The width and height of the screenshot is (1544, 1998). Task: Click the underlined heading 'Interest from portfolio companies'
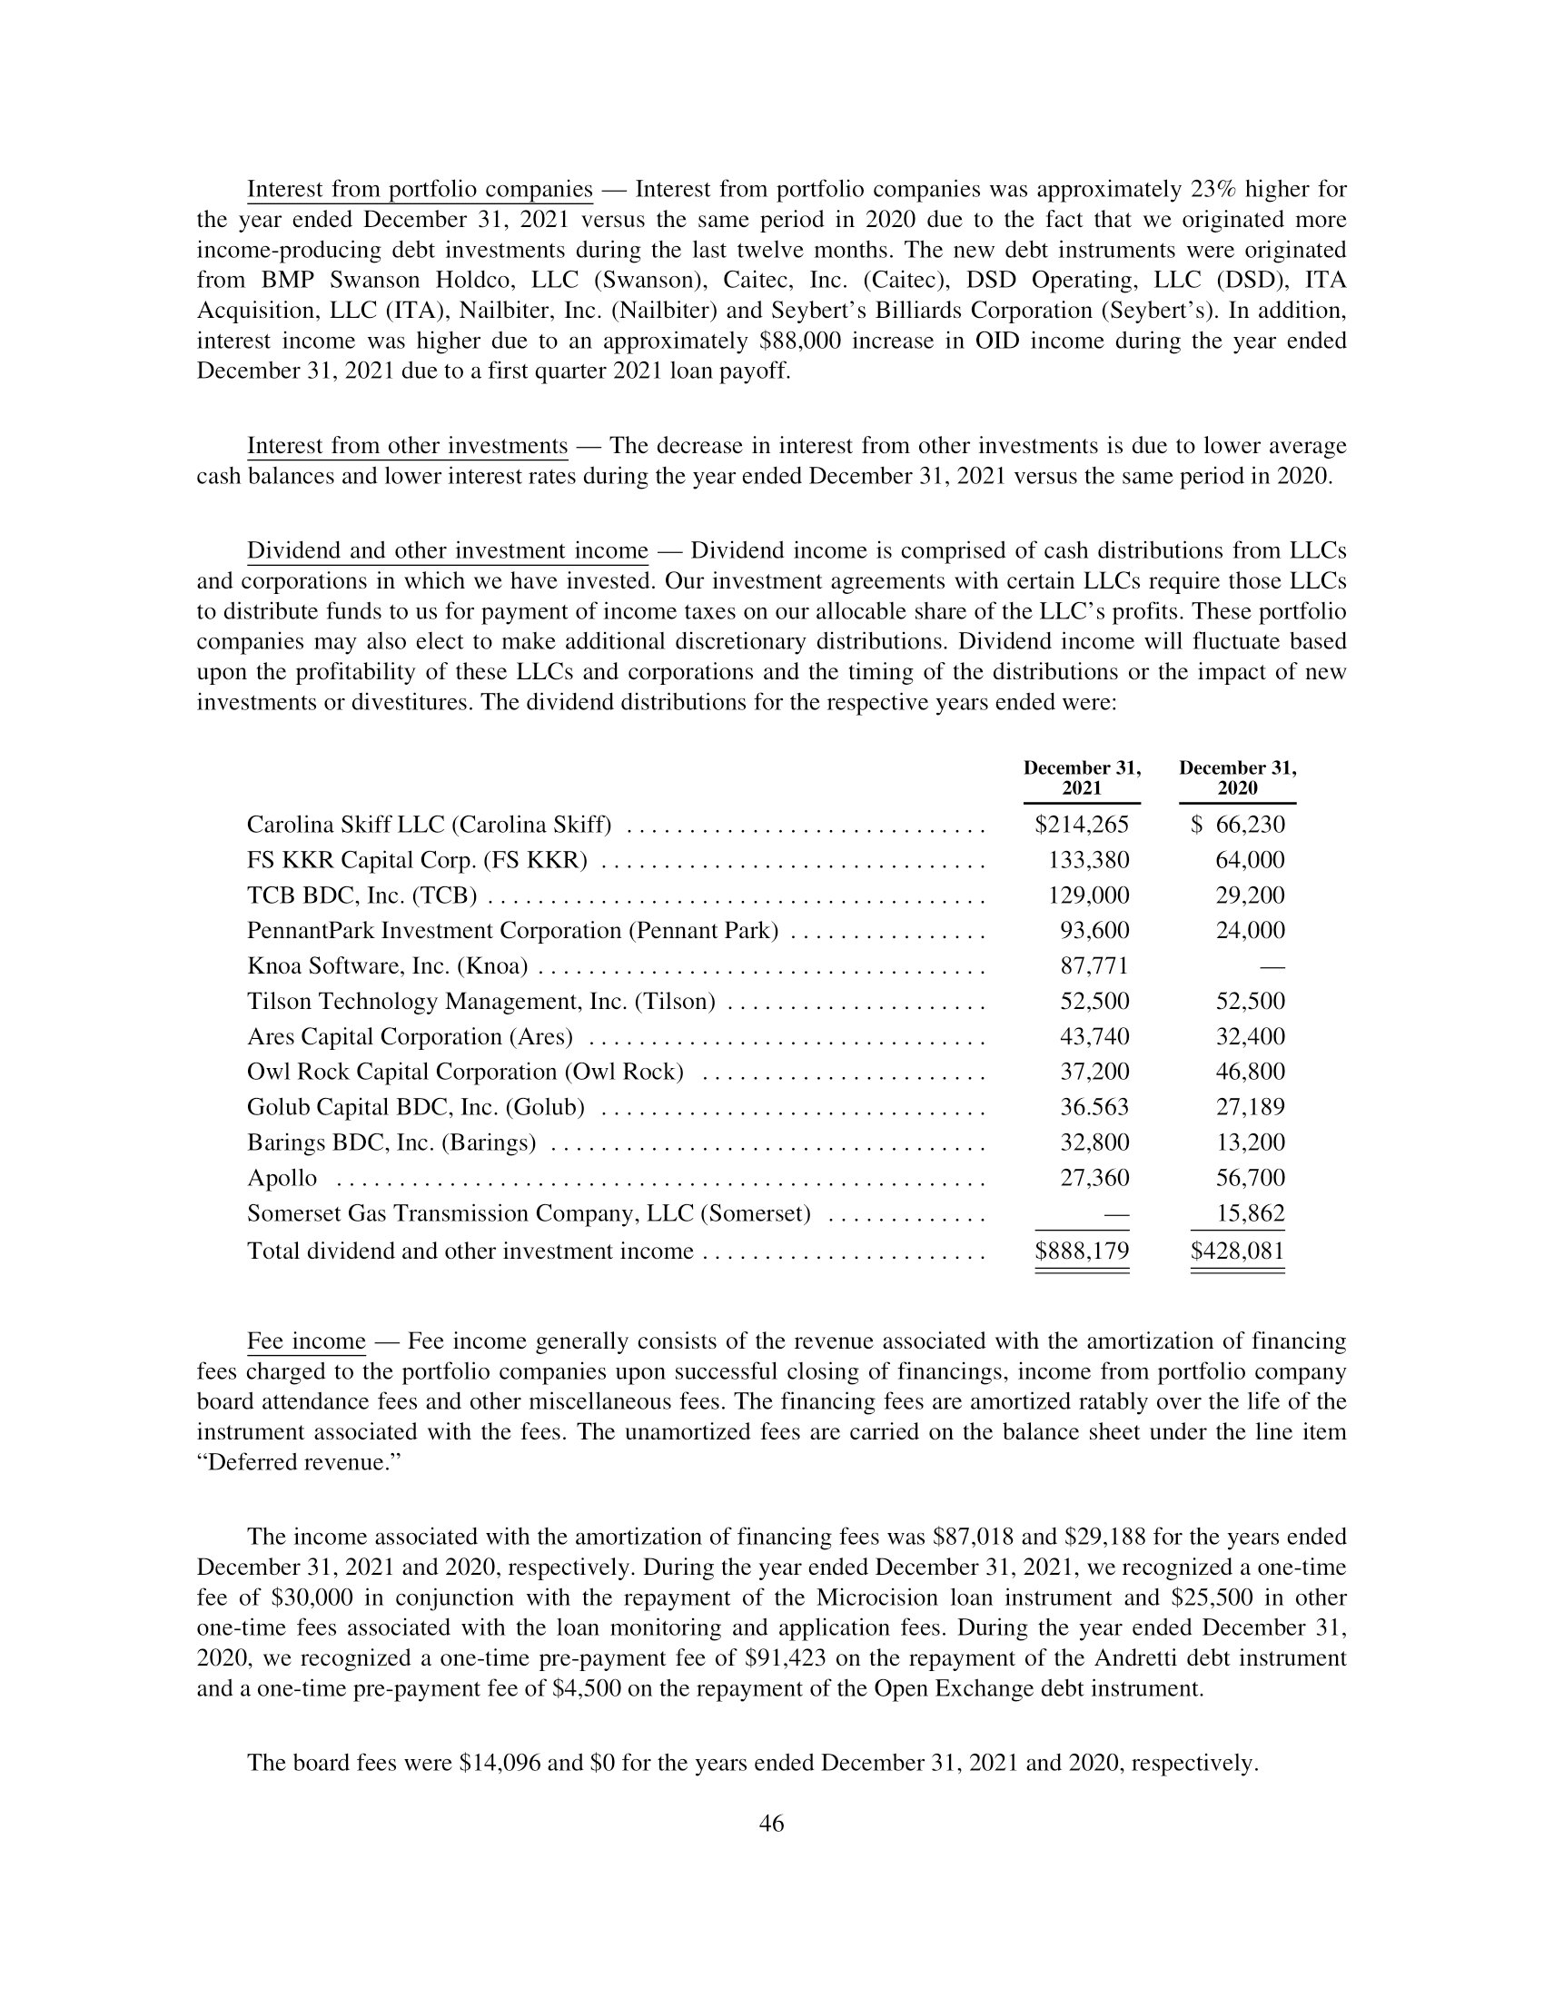420,190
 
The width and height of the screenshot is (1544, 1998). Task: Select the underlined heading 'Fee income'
306,1342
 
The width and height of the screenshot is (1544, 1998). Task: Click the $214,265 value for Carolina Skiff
1081,826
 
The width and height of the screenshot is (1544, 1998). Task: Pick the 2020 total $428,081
1238,1251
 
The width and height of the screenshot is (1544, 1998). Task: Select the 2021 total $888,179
1081,1251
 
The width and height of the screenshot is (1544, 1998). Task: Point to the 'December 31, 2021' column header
1081,777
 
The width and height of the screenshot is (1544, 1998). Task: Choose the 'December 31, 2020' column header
1237,777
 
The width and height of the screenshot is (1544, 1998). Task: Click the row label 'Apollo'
282,1178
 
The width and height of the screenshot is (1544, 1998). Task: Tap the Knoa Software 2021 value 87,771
1094,966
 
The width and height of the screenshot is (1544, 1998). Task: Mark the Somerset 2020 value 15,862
1250,1214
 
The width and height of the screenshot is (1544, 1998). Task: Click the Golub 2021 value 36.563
1094,1108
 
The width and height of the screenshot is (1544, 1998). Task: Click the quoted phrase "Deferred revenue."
300,1463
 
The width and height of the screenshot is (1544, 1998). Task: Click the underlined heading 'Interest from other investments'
407,447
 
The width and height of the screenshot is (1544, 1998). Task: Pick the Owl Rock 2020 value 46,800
1250,1073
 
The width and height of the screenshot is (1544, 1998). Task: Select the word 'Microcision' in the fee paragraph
880,1598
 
